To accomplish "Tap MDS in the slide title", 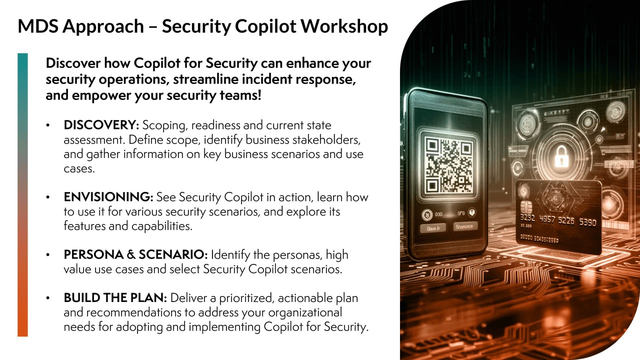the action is tap(38, 26).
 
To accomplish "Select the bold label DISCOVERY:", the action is tap(101, 125).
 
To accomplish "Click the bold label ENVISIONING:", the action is tap(108, 197).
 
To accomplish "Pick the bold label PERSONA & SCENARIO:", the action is tap(135, 254).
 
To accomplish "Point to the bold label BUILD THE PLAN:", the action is tap(115, 297).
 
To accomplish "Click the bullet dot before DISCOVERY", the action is tap(47, 125).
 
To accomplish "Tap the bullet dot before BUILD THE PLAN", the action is tap(47, 298).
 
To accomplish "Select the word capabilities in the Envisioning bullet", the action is tap(162, 226).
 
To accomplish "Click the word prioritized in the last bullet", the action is tap(247, 298).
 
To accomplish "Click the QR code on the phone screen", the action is tap(448, 165).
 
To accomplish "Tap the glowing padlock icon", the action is tap(561, 156).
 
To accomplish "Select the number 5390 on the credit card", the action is tap(587, 222).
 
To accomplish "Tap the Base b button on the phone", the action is tap(433, 228).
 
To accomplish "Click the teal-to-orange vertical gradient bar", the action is tap(22, 194).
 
